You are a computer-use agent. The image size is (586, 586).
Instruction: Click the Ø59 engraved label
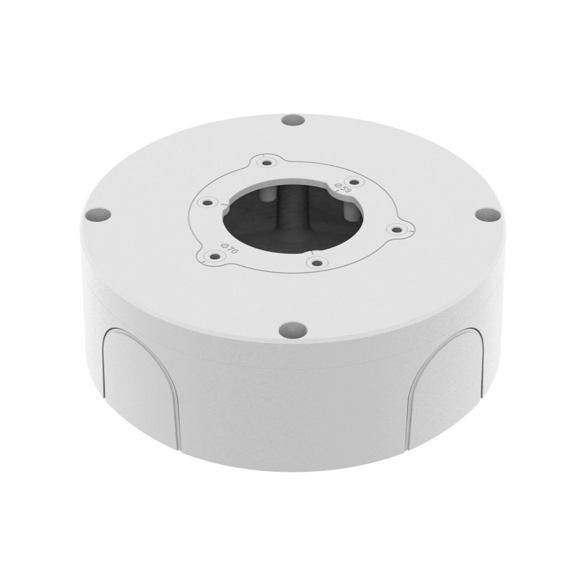coord(342,188)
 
